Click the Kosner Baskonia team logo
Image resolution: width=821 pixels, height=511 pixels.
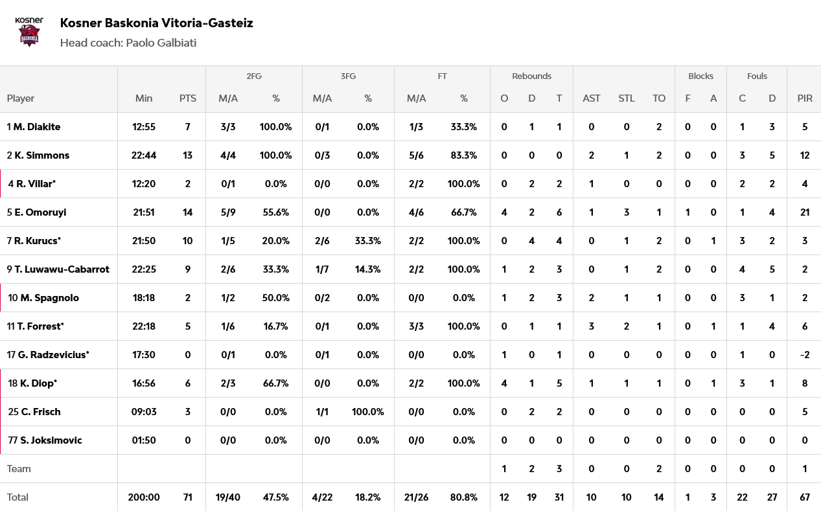tap(29, 32)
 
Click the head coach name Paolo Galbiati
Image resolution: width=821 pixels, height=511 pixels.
tap(161, 43)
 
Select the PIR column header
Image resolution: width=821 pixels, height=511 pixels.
tap(805, 98)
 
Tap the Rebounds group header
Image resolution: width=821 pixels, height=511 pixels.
tap(531, 76)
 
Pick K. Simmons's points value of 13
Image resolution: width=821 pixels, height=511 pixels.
tap(188, 155)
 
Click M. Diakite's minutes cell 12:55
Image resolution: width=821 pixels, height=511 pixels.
tap(144, 127)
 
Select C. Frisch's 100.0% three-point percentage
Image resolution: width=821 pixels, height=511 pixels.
tap(368, 412)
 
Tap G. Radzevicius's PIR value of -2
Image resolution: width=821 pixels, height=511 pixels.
tap(805, 355)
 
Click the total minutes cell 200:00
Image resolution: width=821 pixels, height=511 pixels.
tap(144, 497)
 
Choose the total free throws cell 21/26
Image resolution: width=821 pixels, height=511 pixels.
tap(416, 497)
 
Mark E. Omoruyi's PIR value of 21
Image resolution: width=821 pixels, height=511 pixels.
tap(805, 212)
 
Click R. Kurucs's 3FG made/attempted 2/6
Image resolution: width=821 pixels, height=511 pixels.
tap(322, 241)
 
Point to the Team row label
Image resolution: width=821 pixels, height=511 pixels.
tap(19, 469)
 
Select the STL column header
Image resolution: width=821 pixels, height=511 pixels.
tap(627, 98)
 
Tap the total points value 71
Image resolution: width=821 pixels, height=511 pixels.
tap(188, 497)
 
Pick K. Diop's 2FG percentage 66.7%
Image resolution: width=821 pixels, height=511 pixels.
tap(276, 383)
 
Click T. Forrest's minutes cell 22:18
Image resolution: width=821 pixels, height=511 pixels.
tap(144, 326)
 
